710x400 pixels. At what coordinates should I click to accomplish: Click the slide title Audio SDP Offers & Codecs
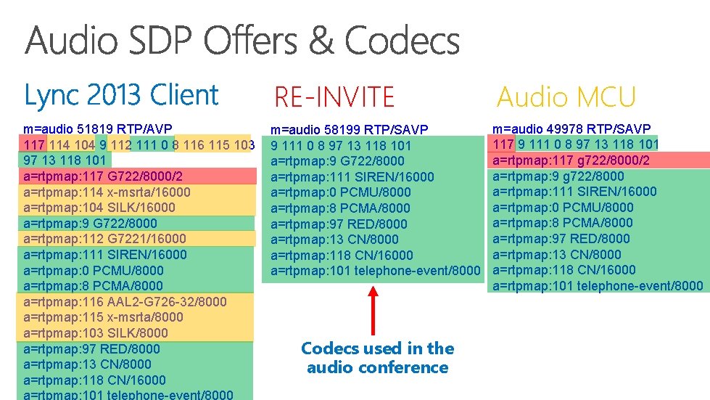click(x=242, y=41)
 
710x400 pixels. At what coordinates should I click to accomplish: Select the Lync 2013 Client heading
click(x=121, y=95)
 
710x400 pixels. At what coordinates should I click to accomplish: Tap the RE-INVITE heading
click(x=334, y=97)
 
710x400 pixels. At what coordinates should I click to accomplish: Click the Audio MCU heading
click(x=566, y=97)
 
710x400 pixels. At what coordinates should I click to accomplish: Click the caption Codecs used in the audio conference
click(x=377, y=358)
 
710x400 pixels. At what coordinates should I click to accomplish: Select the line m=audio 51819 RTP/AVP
click(x=98, y=129)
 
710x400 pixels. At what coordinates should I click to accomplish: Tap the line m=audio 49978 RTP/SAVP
click(x=571, y=128)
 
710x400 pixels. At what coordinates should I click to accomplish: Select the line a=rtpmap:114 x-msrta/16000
click(x=107, y=192)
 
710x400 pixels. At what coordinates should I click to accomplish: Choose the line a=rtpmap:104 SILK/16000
click(x=99, y=208)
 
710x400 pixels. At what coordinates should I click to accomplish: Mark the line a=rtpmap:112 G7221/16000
click(x=104, y=239)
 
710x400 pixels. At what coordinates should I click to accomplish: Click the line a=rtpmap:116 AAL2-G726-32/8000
click(x=125, y=301)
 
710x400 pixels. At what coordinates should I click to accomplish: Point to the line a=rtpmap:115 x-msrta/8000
click(x=103, y=317)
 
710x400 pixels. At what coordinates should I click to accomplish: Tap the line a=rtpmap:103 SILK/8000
click(x=96, y=333)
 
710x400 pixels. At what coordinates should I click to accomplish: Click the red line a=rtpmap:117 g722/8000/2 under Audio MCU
click(x=571, y=160)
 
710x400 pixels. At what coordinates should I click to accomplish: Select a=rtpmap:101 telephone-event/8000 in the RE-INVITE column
click(x=376, y=271)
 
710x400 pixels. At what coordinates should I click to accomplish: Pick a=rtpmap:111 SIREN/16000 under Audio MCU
click(x=574, y=192)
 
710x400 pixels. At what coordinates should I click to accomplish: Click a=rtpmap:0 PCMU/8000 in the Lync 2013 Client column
click(x=94, y=271)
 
